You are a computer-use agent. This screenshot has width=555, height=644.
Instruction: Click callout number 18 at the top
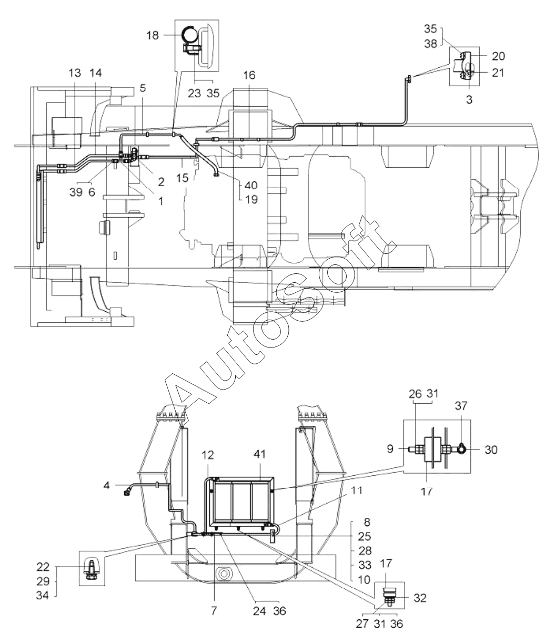click(153, 36)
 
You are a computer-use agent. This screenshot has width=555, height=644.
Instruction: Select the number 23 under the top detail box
click(194, 93)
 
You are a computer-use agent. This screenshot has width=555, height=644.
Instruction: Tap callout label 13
click(75, 73)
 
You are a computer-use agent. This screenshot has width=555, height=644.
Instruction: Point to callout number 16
click(249, 75)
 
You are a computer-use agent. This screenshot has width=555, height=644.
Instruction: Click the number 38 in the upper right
click(431, 44)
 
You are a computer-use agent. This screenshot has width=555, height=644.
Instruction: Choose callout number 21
click(498, 73)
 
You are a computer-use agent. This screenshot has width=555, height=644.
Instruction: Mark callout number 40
click(251, 185)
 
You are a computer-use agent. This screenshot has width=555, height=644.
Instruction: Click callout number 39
click(76, 192)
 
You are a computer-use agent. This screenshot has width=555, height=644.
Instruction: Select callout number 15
click(183, 178)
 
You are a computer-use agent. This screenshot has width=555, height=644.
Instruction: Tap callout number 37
click(461, 406)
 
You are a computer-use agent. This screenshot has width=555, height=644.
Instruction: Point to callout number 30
click(491, 449)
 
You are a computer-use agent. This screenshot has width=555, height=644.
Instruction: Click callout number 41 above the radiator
click(260, 454)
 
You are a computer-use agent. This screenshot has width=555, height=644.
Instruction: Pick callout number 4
click(107, 485)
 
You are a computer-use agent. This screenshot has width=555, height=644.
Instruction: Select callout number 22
click(43, 567)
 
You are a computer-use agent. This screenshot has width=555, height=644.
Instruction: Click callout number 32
click(420, 598)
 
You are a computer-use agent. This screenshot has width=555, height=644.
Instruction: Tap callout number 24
click(259, 611)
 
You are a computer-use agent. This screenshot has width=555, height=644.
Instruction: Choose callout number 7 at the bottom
click(214, 611)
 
